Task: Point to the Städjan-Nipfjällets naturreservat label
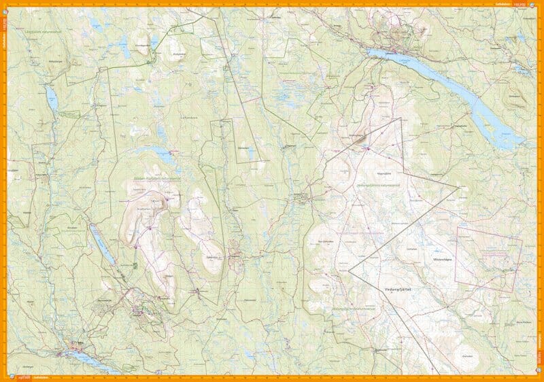153,179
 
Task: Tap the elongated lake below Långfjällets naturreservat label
52,102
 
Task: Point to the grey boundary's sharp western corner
349,270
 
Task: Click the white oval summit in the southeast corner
468,368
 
